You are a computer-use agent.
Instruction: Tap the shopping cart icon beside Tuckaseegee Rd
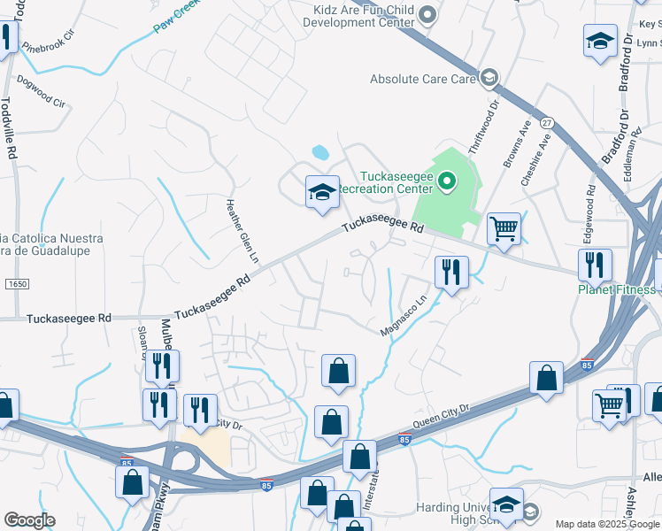coord(504,228)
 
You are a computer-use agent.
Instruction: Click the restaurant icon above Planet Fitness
coord(595,265)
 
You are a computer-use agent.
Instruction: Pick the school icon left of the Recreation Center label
coord(322,191)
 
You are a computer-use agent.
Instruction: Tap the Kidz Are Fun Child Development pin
coord(428,13)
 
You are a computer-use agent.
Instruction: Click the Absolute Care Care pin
coord(488,79)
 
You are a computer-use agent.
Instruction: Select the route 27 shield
coord(547,123)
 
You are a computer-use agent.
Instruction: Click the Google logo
coord(28,520)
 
